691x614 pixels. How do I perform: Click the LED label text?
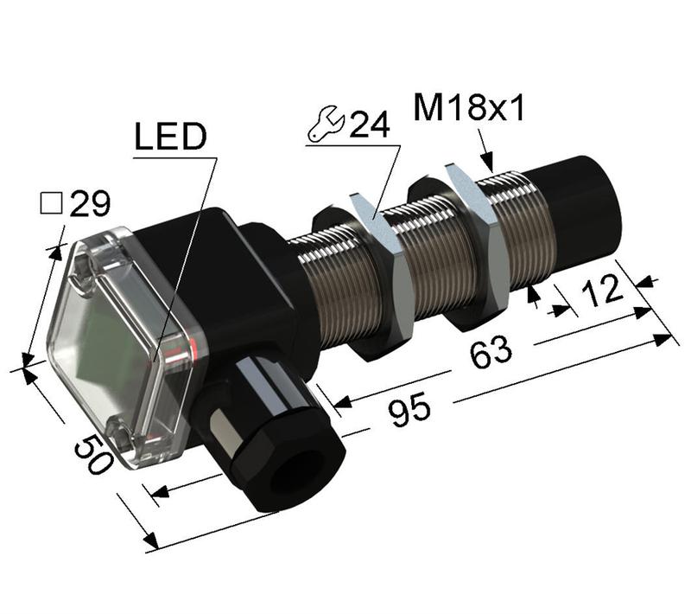tap(171, 136)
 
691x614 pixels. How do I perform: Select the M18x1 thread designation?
tap(469, 108)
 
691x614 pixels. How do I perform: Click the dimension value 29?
tap(90, 204)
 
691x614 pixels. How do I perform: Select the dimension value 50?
tap(93, 453)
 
